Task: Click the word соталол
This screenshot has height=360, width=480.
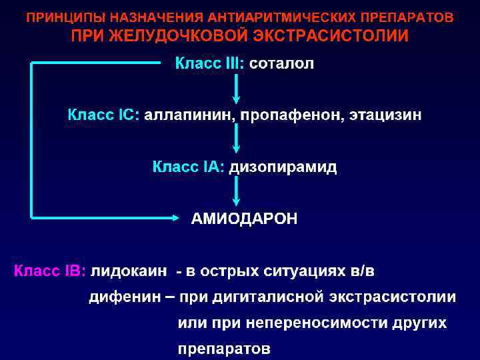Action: click(281, 63)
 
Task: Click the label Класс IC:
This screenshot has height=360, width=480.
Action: click(103, 115)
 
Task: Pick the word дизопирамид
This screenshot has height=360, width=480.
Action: click(283, 166)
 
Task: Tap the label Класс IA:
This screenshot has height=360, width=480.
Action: click(189, 166)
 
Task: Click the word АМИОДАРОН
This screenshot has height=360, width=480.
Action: click(245, 218)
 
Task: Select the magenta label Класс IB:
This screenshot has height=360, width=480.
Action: click(50, 271)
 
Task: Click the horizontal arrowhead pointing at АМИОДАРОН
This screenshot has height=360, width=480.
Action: click(175, 217)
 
